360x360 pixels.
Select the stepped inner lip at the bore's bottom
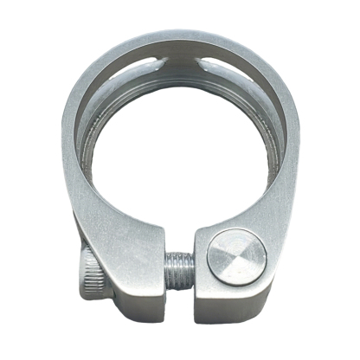click(x=180, y=197)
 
